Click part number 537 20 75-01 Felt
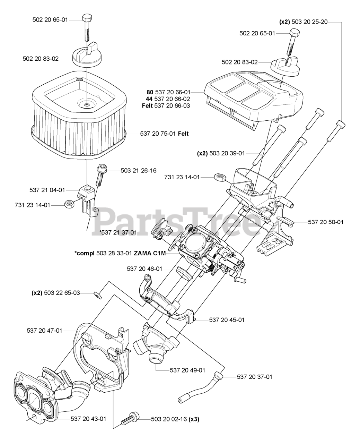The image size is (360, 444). pos(165,133)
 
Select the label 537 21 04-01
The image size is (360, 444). pos(47,190)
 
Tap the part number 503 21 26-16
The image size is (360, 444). pos(138,170)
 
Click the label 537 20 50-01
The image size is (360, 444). pos(326,222)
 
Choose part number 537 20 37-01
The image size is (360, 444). pos(254,376)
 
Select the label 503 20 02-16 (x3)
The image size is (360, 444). pos(175,419)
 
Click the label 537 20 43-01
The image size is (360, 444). pos(88,419)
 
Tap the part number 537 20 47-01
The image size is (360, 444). pos(44,331)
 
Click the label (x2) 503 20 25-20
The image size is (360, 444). pos(304,22)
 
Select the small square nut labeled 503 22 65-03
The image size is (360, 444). pos(98,294)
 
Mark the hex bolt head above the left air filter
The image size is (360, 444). pos(87,18)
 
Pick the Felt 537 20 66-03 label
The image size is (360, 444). pos(166,105)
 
